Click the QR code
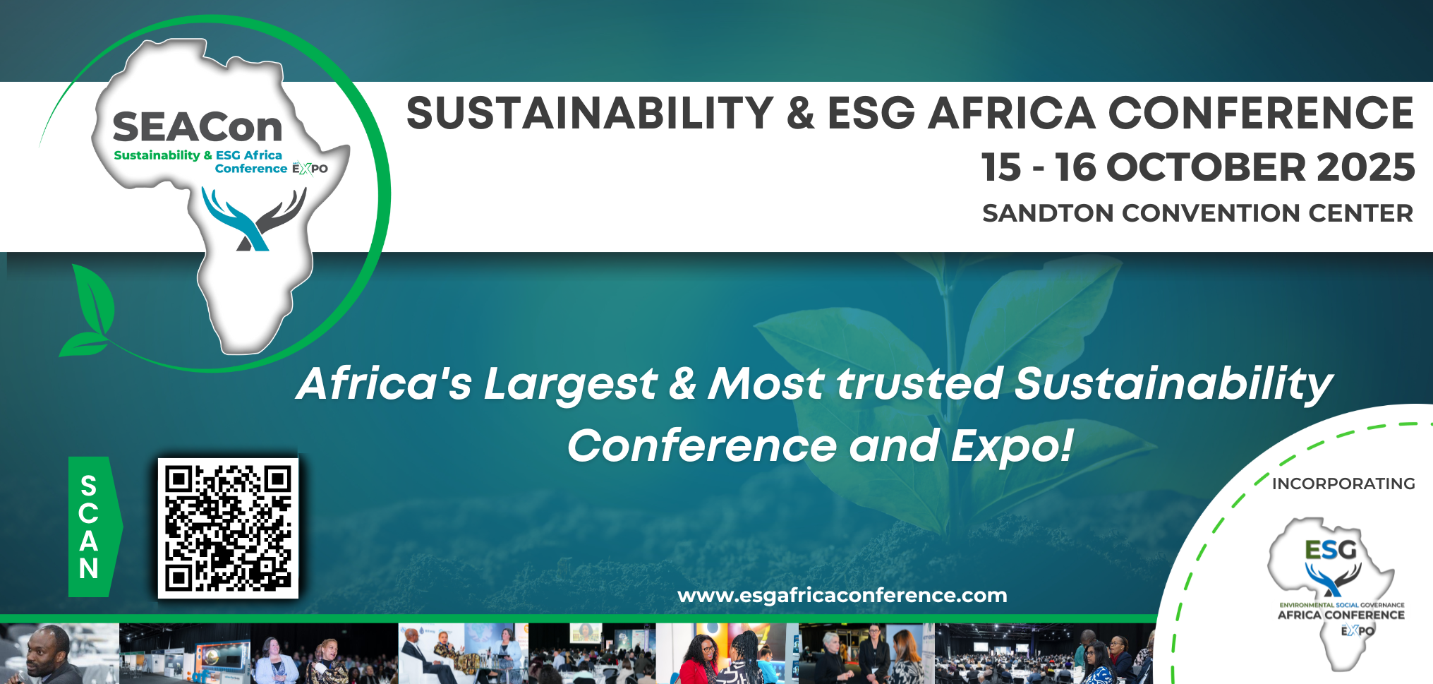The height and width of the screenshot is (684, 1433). pos(228,528)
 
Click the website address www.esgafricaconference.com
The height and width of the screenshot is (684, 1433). pos(842,595)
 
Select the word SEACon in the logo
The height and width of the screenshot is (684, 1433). pos(198,127)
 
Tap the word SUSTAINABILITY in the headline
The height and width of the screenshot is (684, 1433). pos(590,113)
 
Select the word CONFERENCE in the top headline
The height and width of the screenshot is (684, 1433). pos(1261,113)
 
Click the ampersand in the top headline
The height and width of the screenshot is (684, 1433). pos(800,113)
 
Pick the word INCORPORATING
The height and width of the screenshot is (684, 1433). pos(1343,484)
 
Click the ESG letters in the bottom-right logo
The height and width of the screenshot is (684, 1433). pos(1331,550)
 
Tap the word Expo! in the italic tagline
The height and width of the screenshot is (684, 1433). pos(1012,446)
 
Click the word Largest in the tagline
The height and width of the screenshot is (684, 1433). pos(571,385)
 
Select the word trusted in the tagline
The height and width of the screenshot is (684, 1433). pos(919,383)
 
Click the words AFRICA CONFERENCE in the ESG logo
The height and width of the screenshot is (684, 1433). pos(1341,615)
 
